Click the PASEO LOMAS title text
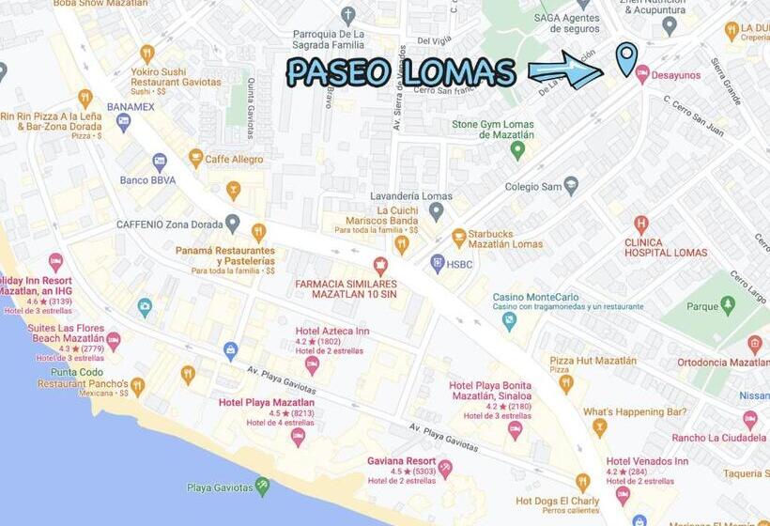click(401, 72)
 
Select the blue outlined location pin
click(626, 57)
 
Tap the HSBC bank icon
click(438, 264)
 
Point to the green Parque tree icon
click(728, 304)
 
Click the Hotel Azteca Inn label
click(332, 331)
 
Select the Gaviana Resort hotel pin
click(445, 466)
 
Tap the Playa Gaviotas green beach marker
click(262, 486)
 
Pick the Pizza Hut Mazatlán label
click(593, 361)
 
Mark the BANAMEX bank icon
click(123, 121)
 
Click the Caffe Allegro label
click(234, 160)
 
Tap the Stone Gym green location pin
click(517, 149)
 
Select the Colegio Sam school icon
click(570, 185)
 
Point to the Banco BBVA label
click(147, 179)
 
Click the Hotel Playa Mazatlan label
click(266, 403)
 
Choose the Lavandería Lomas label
click(412, 196)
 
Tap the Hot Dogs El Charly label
click(558, 501)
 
